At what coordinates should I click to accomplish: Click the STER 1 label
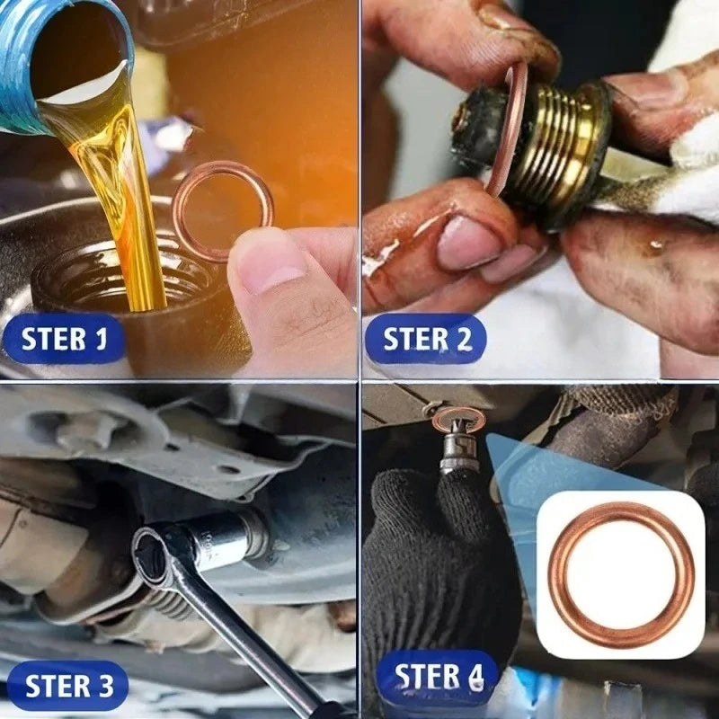(64, 339)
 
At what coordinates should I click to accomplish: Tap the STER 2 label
(425, 339)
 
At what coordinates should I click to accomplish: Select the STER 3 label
(68, 686)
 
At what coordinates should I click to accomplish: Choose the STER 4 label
(438, 676)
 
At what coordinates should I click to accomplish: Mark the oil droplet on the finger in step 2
(658, 244)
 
